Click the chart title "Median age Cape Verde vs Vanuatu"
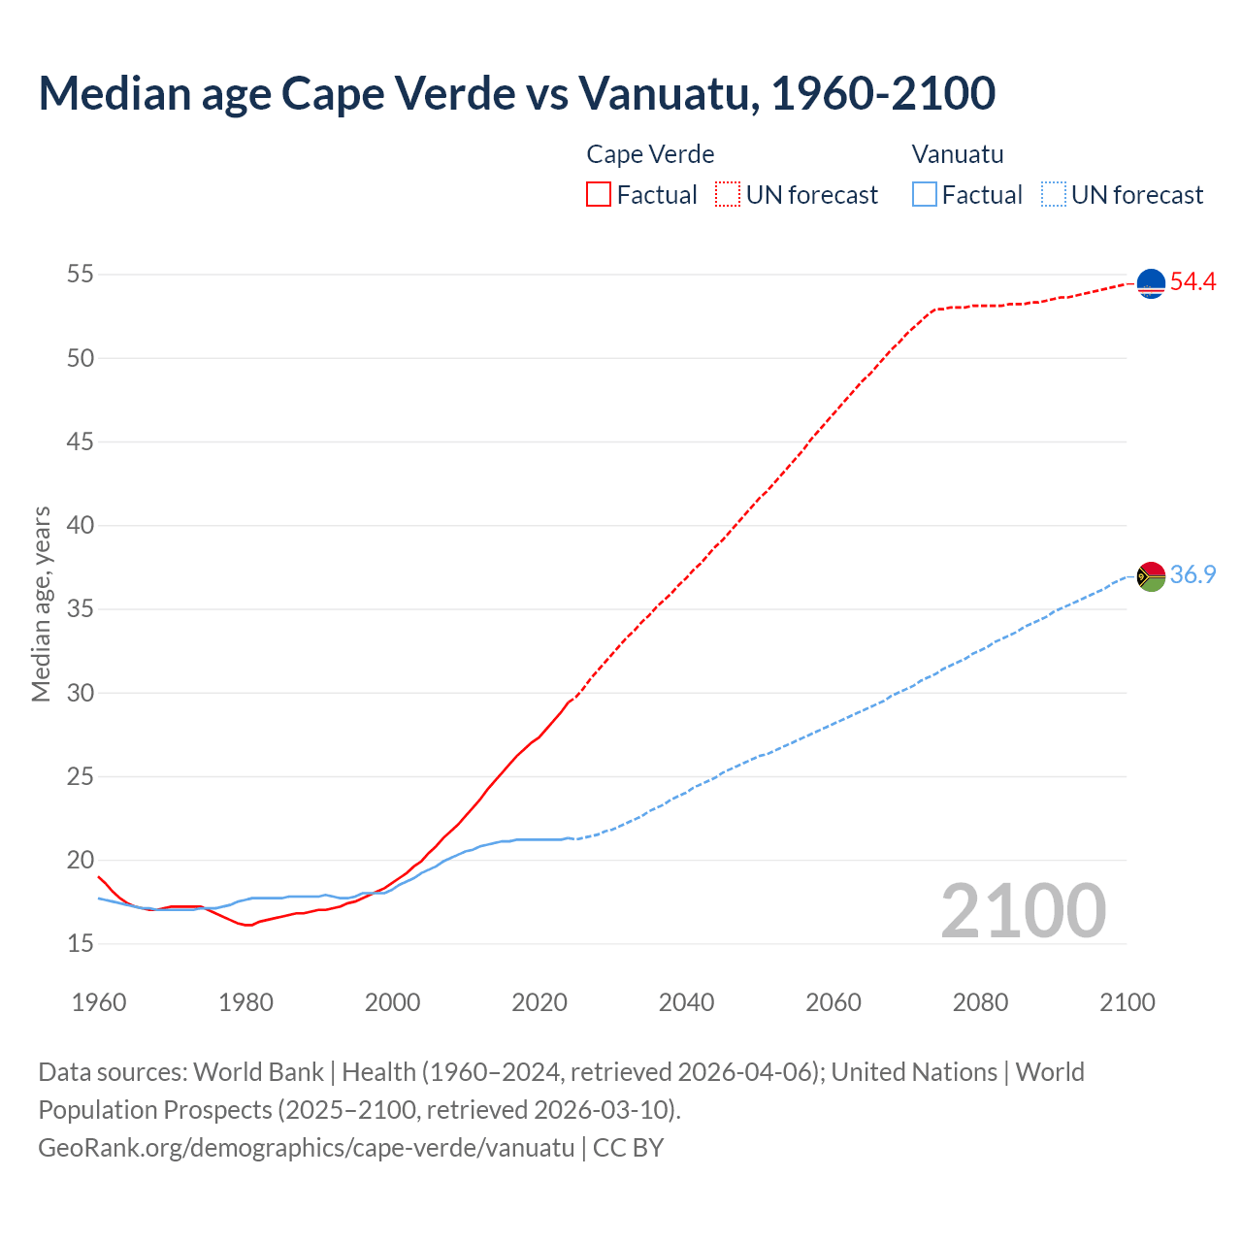point(516,93)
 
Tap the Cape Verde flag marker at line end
point(1151,282)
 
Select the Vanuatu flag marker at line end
point(1151,575)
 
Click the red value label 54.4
point(1193,282)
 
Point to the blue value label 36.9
point(1193,575)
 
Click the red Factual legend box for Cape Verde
point(599,194)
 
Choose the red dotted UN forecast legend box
point(728,194)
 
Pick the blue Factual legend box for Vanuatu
point(925,194)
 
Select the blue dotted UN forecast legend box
point(1053,194)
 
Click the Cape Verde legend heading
point(650,154)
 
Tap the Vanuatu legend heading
point(958,154)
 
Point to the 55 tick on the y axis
point(81,275)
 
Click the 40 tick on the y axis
point(81,526)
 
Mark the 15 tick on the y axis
point(81,944)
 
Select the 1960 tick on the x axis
point(99,1002)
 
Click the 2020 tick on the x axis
point(539,1002)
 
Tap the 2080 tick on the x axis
point(980,1002)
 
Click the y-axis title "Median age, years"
point(41,604)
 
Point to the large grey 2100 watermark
point(1024,910)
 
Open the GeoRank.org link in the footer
point(306,1148)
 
